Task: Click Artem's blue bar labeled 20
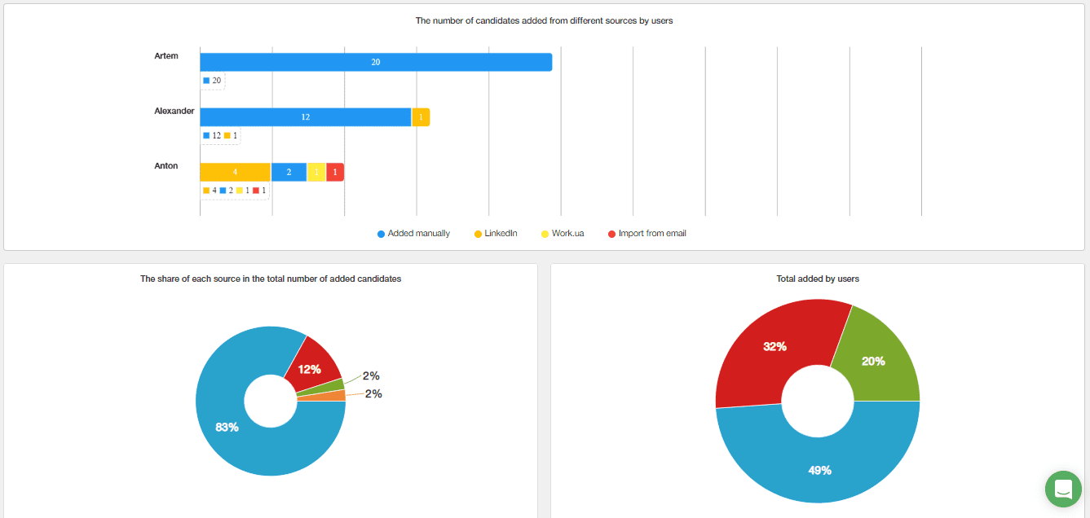375,62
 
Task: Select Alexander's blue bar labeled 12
305,117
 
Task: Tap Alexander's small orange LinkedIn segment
421,117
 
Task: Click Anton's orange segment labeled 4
235,172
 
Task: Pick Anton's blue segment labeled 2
289,172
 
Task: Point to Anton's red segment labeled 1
335,172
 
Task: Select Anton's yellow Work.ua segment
316,172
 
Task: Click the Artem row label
166,56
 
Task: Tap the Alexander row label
174,111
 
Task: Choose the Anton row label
166,166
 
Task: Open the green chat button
1063,489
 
